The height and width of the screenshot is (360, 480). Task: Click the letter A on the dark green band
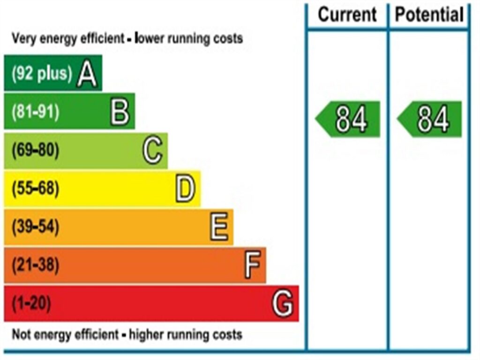88,74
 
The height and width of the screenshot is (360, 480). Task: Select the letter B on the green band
120,112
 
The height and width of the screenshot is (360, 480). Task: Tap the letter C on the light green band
153,150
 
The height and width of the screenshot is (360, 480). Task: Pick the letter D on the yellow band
185,189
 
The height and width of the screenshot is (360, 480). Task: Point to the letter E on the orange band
219,227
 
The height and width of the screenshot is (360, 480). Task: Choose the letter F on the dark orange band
252,266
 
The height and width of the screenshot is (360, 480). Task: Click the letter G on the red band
283,304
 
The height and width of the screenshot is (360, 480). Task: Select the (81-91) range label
36,112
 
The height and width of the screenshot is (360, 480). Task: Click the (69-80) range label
36,150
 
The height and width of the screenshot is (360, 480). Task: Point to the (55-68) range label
36,189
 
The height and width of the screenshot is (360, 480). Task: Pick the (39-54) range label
36,227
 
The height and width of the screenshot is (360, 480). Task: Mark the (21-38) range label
36,266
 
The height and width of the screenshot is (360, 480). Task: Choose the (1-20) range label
31,304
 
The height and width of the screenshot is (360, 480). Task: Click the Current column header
347,15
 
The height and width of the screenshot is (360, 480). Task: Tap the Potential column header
429,15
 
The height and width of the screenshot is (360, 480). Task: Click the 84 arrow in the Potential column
430,119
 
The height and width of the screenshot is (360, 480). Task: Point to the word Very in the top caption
23,38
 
